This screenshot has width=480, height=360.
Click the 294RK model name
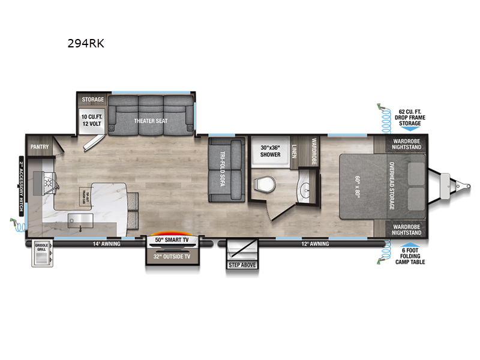88,43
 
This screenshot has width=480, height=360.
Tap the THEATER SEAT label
151,121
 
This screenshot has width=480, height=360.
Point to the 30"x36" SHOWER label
270,151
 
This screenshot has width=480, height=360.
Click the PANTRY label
39,146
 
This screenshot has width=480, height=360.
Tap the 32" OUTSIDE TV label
173,256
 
